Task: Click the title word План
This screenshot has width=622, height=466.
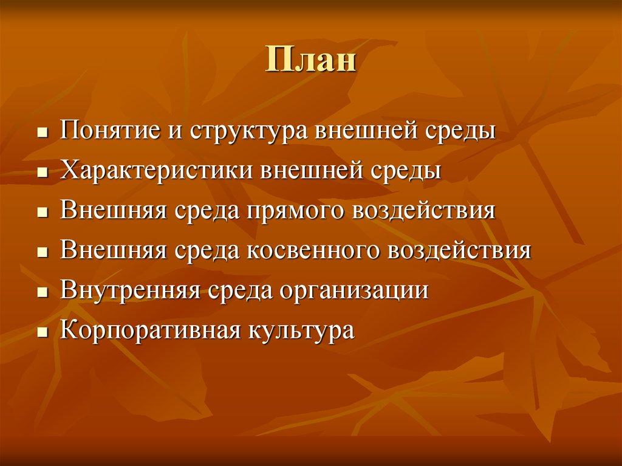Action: (x=310, y=61)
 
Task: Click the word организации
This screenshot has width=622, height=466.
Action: (x=354, y=290)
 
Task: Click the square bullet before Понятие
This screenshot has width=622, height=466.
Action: (x=42, y=133)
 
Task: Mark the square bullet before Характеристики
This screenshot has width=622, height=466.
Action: (x=42, y=173)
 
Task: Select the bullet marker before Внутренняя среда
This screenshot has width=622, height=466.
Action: (x=42, y=292)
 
